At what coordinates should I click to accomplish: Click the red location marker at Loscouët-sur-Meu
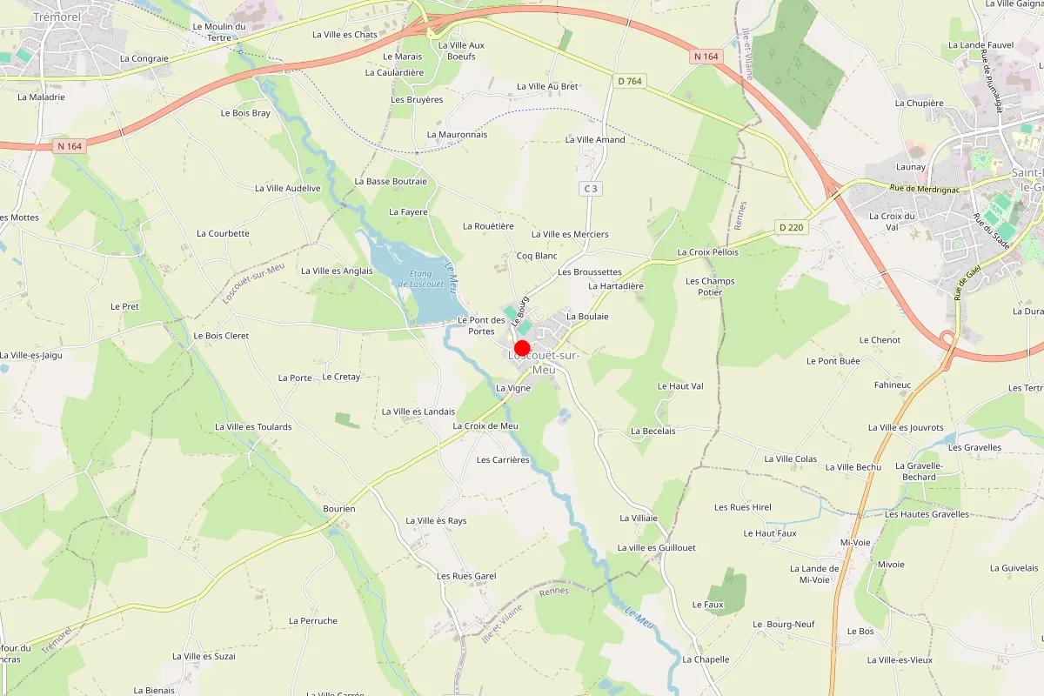pos(523,348)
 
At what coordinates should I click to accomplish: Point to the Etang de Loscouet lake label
pos(421,278)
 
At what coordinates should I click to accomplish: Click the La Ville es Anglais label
pos(337,271)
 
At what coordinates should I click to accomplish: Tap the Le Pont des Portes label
pos(482,325)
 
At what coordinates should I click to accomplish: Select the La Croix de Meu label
pos(485,425)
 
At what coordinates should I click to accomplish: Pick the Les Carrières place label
pos(503,459)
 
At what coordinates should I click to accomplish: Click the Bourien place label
pos(339,508)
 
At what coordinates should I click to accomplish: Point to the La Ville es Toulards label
pos(253,426)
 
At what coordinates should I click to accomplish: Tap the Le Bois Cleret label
pos(221,335)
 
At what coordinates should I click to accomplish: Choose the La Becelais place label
pos(653,431)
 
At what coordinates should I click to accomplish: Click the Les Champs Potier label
pos(710,286)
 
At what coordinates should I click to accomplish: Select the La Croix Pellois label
pos(707,252)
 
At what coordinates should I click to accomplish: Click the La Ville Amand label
pos(595,139)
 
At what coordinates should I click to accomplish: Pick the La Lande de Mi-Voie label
pos(814,574)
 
